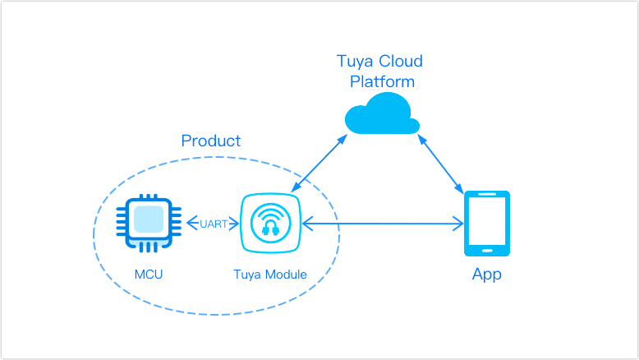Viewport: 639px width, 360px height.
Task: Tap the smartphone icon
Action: (x=487, y=223)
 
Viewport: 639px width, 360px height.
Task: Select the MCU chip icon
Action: (x=148, y=223)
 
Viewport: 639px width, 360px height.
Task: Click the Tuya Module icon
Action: (x=270, y=224)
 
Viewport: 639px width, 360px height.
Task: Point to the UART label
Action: (x=213, y=224)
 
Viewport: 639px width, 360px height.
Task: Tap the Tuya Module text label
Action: (x=270, y=275)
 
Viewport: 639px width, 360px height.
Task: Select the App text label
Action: (x=486, y=275)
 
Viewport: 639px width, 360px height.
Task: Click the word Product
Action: (x=211, y=141)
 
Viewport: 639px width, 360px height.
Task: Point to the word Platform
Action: (x=382, y=81)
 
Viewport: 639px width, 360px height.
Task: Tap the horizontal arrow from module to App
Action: (x=383, y=224)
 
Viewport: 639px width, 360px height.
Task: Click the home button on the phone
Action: (x=487, y=249)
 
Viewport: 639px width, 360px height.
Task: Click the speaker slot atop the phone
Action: (x=487, y=196)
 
